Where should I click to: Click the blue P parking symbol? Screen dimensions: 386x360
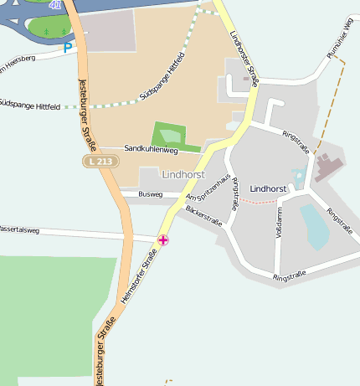[x=68, y=49]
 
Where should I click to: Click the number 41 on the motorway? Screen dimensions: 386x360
[x=55, y=5]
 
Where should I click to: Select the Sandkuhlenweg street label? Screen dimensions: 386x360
[x=151, y=149]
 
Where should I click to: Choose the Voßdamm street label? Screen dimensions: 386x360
[x=279, y=223]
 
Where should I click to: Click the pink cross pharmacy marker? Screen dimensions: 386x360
[x=163, y=240]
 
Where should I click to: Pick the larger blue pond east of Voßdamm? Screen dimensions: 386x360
[x=315, y=226]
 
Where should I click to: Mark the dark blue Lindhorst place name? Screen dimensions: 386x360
[x=268, y=189]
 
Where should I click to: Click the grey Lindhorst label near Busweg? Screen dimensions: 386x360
[x=183, y=175]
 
